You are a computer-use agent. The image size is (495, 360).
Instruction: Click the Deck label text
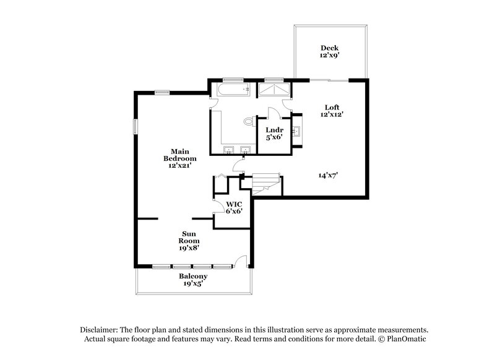329,48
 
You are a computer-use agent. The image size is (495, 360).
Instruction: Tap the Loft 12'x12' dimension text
332,114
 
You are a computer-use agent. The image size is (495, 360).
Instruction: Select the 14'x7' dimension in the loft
328,175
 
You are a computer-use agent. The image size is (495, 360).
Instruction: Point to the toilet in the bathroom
249,121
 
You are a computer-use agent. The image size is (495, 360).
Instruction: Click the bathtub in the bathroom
232,91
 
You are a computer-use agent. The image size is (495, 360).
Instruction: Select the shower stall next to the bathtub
273,90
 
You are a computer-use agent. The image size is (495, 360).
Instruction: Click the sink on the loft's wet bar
296,131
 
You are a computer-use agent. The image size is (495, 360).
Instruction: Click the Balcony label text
192,276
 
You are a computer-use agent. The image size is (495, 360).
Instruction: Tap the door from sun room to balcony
243,262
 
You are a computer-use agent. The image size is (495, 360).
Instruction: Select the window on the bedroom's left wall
135,126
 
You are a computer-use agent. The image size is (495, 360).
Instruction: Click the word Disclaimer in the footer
101,330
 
